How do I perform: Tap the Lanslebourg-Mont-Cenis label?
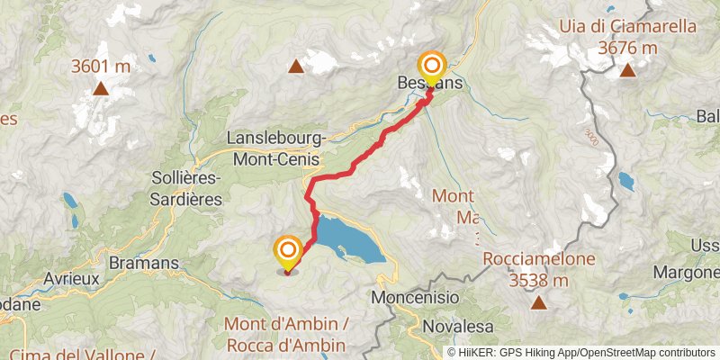(x=276, y=148)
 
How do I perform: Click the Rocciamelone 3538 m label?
(x=539, y=269)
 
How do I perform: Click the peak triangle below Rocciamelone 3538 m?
(x=539, y=302)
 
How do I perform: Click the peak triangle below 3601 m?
(x=101, y=88)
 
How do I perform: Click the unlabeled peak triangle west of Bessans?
(x=295, y=65)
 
